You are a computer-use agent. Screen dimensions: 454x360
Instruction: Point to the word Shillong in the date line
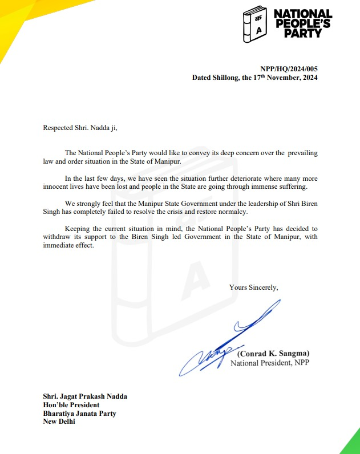coord(230,77)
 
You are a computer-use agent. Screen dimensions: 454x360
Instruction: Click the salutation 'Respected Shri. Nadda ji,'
coord(80,127)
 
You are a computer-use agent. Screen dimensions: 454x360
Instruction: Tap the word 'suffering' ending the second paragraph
coord(290,187)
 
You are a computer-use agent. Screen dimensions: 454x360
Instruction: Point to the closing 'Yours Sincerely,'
coord(254,287)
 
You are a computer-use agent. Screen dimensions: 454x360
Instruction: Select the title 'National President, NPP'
coord(269,363)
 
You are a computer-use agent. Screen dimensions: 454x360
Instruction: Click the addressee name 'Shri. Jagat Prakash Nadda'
coord(85,396)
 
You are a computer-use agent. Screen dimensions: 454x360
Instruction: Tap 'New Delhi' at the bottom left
coord(59,422)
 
